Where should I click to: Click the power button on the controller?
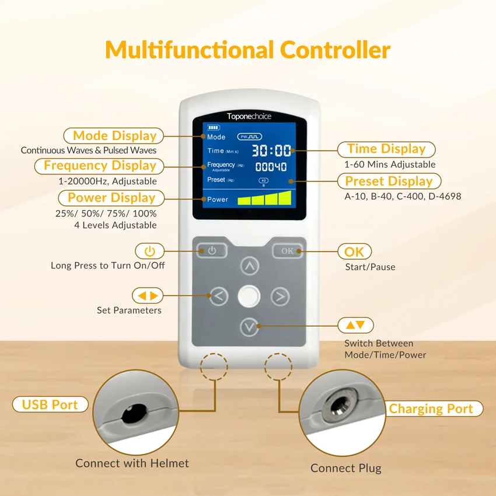[212, 251]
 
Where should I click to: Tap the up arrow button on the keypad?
[250, 266]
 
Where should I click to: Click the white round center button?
[249, 296]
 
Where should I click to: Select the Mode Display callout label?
[114, 136]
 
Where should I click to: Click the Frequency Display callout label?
[100, 166]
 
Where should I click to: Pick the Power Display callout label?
[111, 198]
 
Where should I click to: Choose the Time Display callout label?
[386, 149]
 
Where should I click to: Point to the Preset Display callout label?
[389, 181]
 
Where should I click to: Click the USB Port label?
[50, 404]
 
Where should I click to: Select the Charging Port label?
[431, 409]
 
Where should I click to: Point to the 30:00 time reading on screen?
[271, 151]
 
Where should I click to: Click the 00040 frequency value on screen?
[271, 167]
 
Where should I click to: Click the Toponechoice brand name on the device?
[249, 116]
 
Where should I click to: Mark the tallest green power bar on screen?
[284, 198]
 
